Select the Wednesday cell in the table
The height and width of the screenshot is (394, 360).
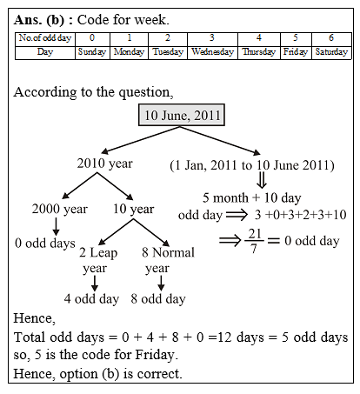click(210, 52)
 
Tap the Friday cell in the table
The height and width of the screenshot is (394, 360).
click(295, 52)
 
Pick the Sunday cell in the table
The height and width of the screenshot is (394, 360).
click(91, 52)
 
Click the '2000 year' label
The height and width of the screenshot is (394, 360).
click(59, 209)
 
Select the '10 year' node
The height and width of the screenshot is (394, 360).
click(133, 209)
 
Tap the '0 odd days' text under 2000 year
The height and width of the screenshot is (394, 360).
click(45, 243)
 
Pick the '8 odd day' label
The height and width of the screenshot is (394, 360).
click(157, 299)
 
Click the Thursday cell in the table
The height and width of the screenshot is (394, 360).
click(258, 52)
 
